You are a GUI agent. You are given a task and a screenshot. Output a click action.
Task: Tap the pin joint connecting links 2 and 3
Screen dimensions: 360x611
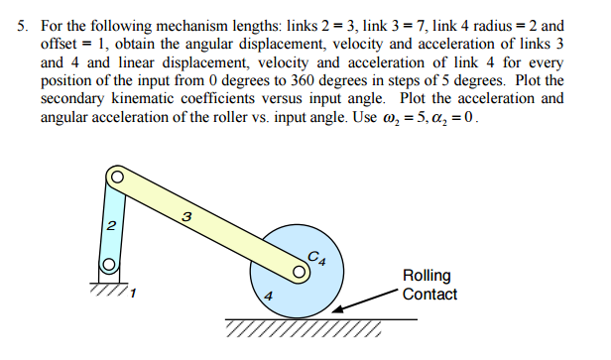coord(115,178)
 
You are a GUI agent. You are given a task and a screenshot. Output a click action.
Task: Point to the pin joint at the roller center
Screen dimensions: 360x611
coord(300,269)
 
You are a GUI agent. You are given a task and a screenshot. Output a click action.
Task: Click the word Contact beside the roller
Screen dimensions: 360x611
coord(429,294)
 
